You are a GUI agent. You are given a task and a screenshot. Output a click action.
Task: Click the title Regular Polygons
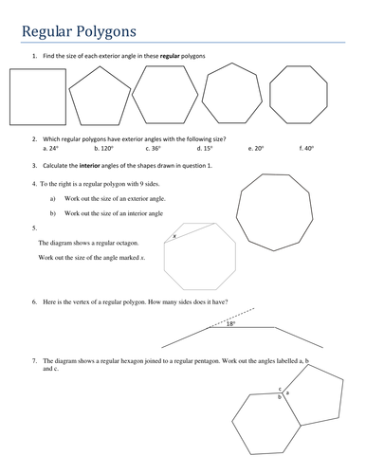pos(79,31)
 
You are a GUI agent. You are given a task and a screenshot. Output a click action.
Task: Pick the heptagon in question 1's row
pos(232,64)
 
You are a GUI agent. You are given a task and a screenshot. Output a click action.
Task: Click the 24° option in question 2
pos(50,148)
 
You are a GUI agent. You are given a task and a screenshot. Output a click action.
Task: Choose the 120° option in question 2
pos(103,148)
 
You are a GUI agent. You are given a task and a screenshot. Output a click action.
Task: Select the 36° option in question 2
pos(154,148)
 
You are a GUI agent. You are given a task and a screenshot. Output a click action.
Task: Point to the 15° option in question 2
pos(205,148)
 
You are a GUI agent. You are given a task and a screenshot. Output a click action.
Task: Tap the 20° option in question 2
pos(256,148)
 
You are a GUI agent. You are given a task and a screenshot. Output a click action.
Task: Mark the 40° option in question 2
pos(306,148)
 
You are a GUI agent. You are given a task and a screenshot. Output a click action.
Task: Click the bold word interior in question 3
pos(89,166)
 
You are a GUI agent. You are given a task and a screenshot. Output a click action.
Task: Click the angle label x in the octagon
pos(174,236)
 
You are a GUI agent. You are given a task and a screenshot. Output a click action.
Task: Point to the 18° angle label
pos(231,323)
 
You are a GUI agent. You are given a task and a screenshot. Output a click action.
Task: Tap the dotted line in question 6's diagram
pos(231,318)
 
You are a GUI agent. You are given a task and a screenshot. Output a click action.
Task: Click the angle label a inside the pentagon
pos(287,392)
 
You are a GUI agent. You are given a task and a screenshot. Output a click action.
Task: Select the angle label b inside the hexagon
pos(279,397)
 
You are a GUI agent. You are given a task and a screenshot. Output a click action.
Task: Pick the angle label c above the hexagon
pos(280,389)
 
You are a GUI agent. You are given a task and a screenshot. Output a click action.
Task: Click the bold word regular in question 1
pos(170,56)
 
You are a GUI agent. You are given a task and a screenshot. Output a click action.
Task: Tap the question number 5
pos(34,228)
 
